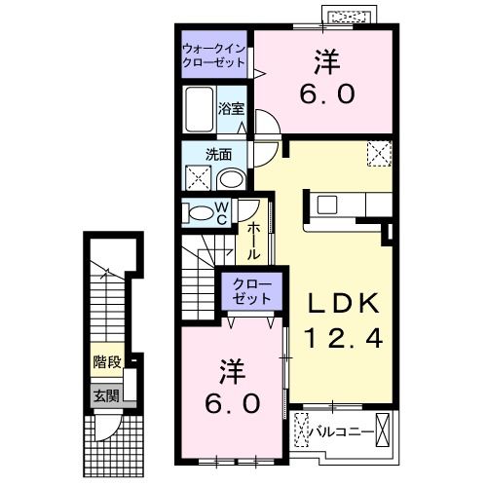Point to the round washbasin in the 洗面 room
pos(232,178)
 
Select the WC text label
pos(223,213)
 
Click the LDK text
pos(335,303)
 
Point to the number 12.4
pos(336,339)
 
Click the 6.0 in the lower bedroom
pos(232,403)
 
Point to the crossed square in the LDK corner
pos(378,154)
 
